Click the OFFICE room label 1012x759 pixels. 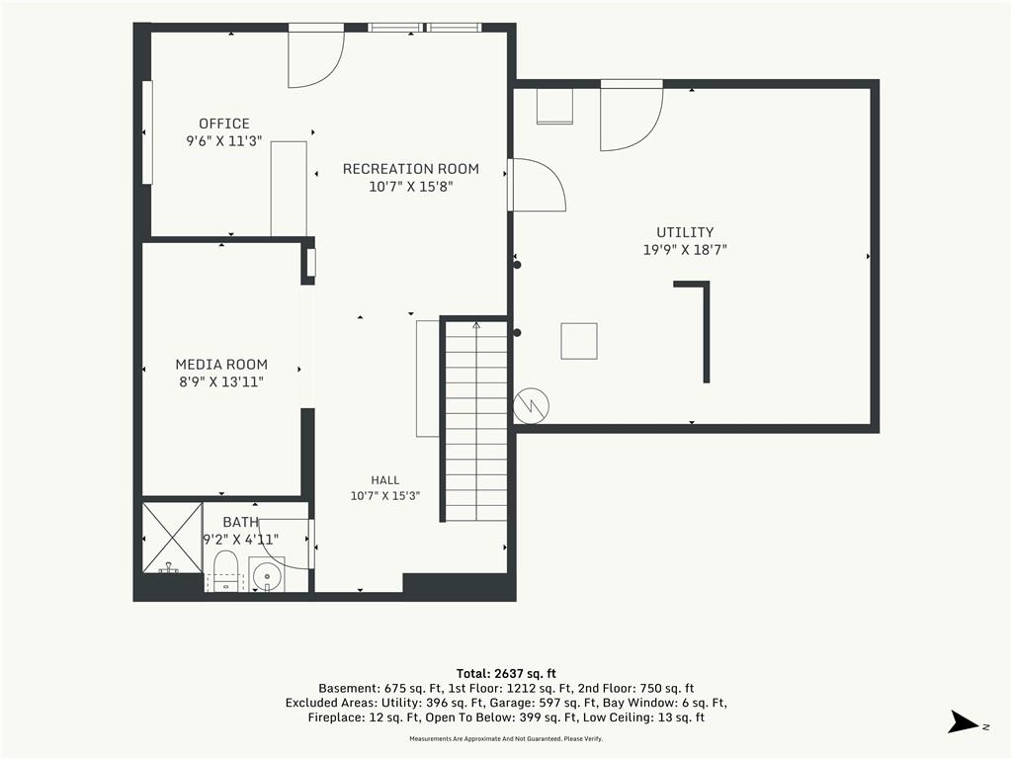pos(224,124)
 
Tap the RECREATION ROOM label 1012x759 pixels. pos(410,169)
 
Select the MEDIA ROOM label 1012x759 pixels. pos(221,365)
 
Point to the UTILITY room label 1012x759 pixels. pos(685,232)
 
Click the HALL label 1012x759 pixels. pos(384,480)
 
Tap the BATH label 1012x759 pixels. pos(241,522)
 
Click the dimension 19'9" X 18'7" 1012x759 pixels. pos(685,250)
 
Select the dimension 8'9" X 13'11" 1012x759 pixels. pos(221,382)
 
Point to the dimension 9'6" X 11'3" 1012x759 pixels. pos(224,140)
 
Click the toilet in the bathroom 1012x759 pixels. pos(225,570)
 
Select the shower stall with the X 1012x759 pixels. pos(172,539)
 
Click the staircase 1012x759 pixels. pos(476,421)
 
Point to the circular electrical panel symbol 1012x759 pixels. pos(531,406)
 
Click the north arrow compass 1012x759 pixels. pos(965,722)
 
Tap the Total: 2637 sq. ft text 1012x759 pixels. pos(506,674)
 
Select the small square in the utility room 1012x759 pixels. pos(579,341)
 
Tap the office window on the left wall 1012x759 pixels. pos(147,132)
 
